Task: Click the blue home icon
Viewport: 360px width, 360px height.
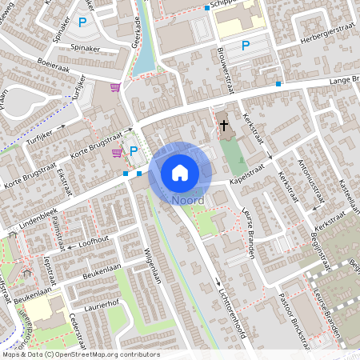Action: (x=180, y=171)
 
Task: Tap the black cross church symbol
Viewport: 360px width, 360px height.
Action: (x=224, y=126)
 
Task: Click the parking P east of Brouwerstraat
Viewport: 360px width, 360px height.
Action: (x=246, y=46)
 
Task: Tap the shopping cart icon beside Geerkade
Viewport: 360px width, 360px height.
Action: (x=115, y=87)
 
